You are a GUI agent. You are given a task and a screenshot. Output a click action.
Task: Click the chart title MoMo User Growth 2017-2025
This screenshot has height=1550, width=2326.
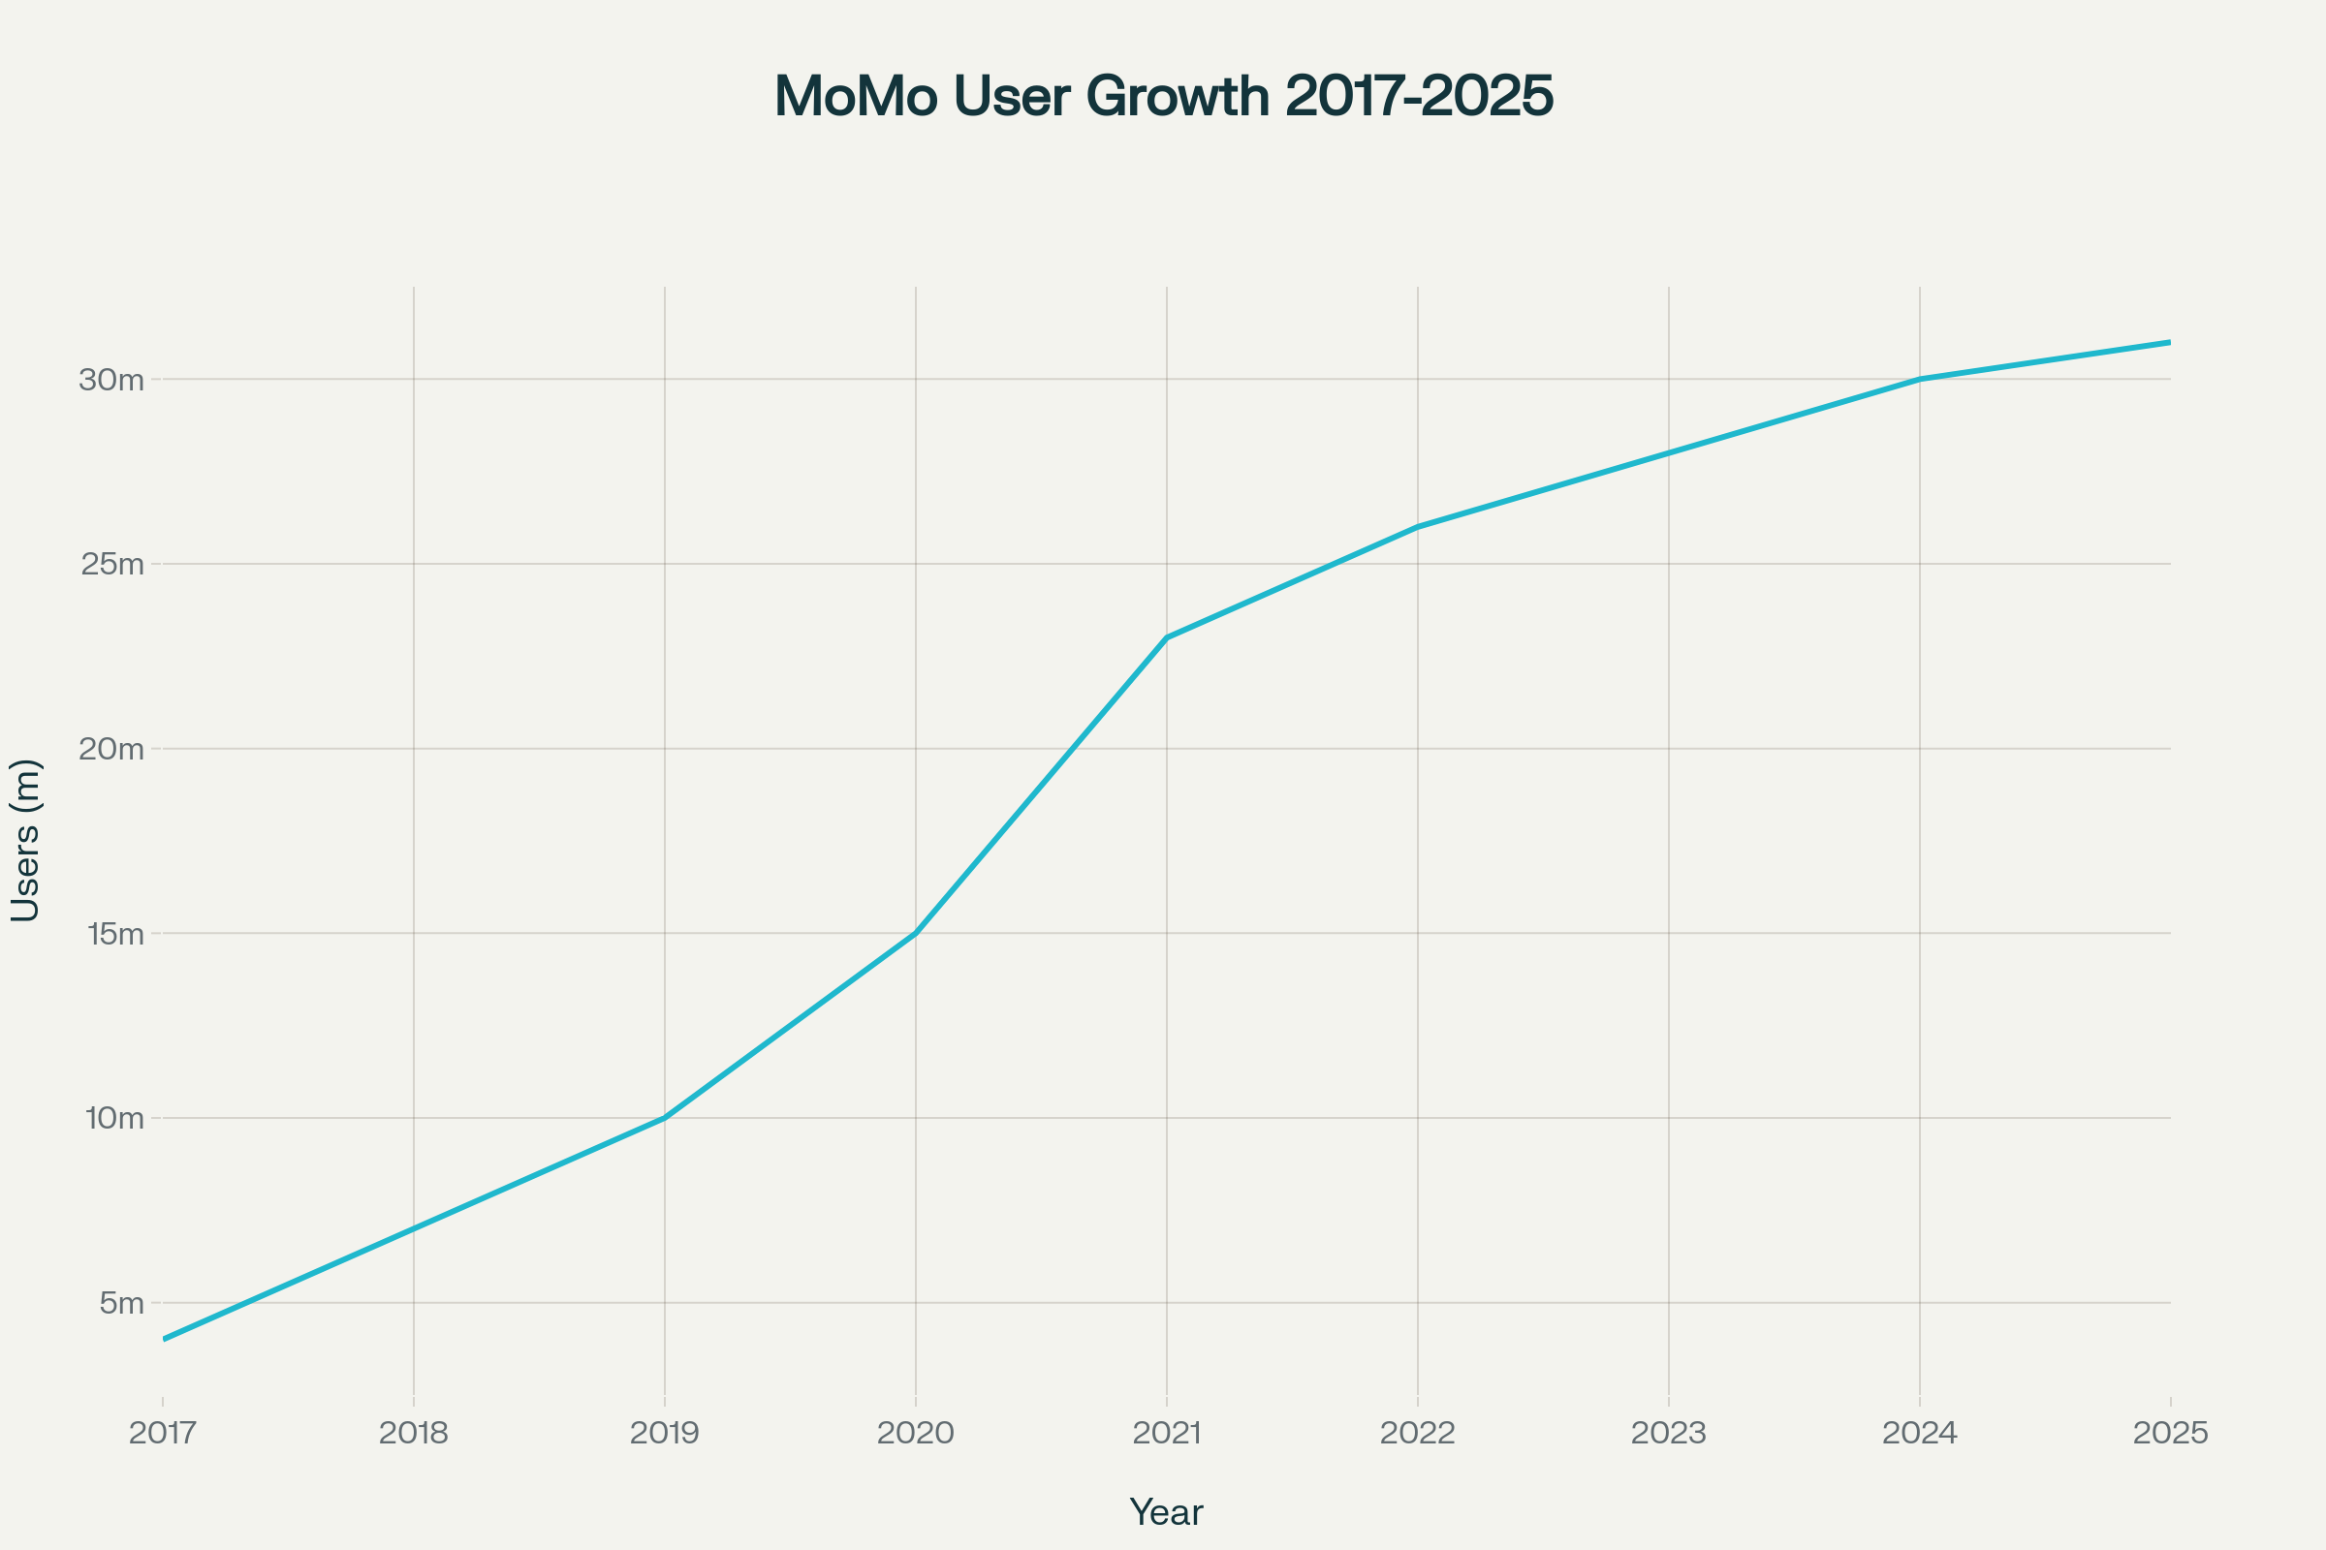pyautogui.click(x=1163, y=97)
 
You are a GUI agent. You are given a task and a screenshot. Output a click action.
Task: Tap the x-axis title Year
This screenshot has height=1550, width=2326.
pyautogui.click(x=1166, y=1512)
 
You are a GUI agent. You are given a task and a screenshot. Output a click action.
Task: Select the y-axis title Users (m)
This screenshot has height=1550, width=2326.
pyautogui.click(x=26, y=841)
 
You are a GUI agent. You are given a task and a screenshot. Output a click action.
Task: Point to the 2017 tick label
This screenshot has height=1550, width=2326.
pyautogui.click(x=163, y=1434)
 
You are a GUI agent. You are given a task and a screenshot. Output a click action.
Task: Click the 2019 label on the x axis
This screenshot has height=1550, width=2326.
pyautogui.click(x=665, y=1434)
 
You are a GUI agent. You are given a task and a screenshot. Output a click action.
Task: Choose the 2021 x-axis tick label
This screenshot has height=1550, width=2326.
pyautogui.click(x=1167, y=1434)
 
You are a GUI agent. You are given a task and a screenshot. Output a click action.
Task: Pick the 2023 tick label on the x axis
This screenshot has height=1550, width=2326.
pyautogui.click(x=1668, y=1434)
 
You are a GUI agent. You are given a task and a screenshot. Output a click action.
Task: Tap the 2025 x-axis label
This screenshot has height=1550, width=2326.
pyautogui.click(x=2171, y=1434)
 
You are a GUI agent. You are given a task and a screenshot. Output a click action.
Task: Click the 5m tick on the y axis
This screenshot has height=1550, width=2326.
pyautogui.click(x=122, y=1303)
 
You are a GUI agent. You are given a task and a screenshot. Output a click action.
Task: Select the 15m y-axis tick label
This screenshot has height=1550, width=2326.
pyautogui.click(x=115, y=933)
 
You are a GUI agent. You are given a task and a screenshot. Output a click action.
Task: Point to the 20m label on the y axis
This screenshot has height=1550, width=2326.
pyautogui.click(x=111, y=748)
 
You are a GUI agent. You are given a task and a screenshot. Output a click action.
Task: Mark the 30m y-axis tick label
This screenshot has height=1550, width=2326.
pyautogui.click(x=111, y=380)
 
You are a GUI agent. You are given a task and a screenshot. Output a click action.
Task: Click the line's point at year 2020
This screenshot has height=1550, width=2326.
pyautogui.click(x=916, y=932)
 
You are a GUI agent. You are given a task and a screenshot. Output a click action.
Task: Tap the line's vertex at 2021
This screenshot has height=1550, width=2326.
pyautogui.click(x=1167, y=637)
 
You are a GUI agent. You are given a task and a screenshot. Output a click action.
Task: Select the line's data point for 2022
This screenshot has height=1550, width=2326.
pyautogui.click(x=1418, y=527)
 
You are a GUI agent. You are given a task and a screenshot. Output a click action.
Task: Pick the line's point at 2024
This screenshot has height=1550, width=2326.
pyautogui.click(x=1920, y=379)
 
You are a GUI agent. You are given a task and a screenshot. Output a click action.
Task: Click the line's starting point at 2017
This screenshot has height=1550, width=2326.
pyautogui.click(x=164, y=1339)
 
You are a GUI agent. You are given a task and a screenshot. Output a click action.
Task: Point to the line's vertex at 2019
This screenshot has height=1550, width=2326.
pyautogui.click(x=665, y=1117)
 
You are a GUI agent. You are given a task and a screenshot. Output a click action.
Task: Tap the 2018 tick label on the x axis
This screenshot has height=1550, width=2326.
pyautogui.click(x=414, y=1434)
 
